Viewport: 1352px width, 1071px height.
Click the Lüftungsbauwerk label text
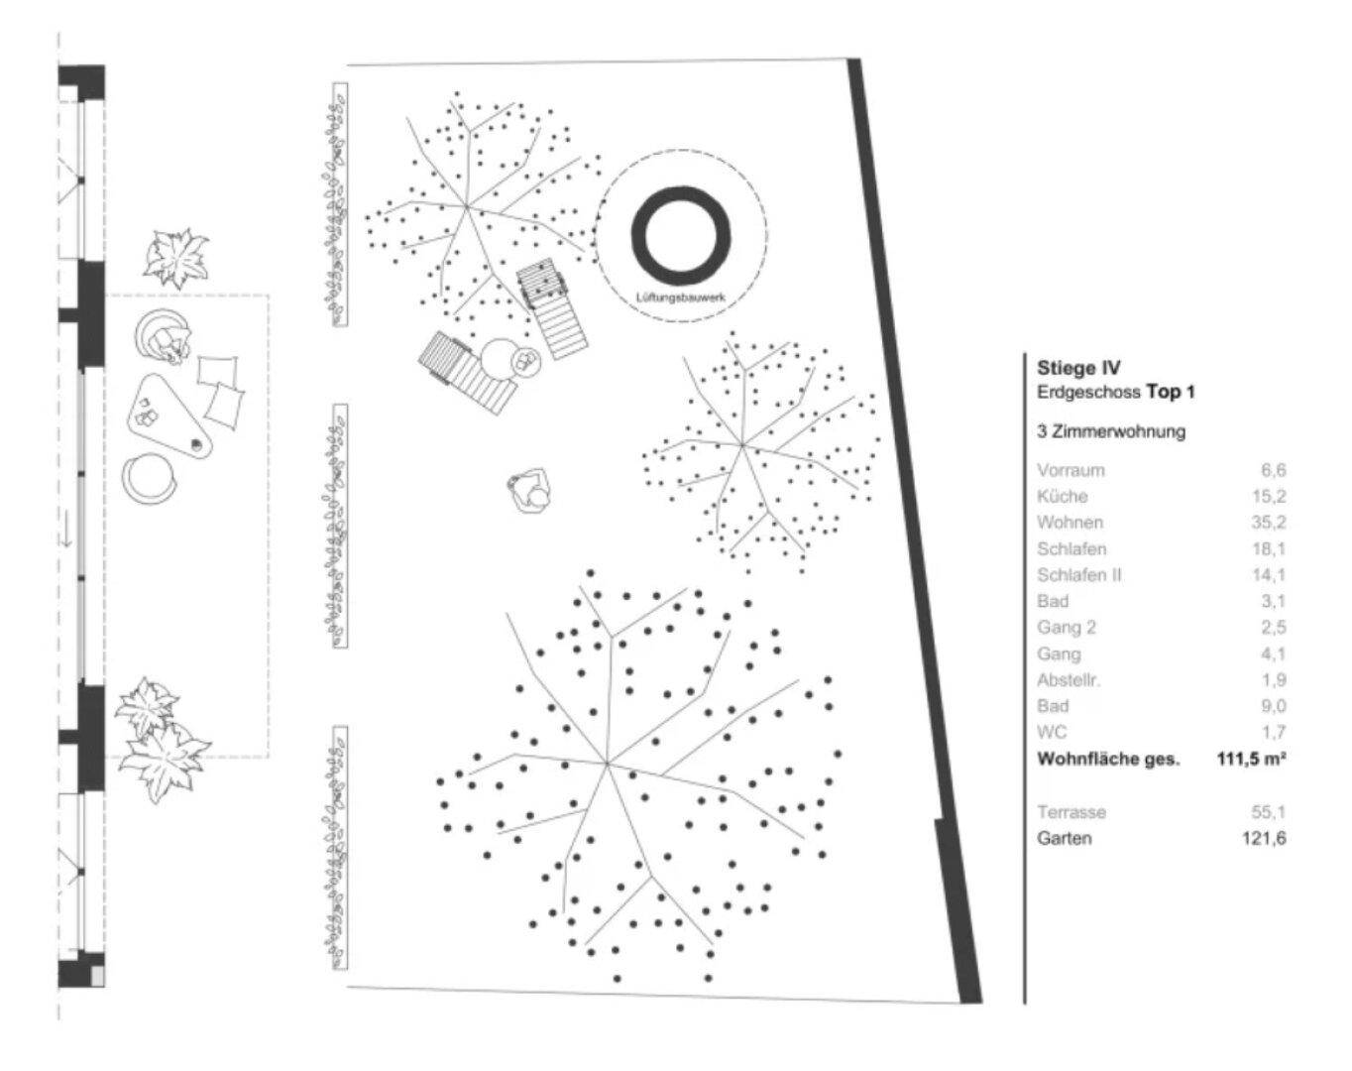681,297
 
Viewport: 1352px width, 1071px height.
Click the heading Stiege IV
1078,368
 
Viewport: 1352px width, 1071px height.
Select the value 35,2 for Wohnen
1269,523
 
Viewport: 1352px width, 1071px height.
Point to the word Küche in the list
1062,496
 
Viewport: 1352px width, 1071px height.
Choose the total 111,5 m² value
1252,759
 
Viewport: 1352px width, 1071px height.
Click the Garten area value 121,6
1264,838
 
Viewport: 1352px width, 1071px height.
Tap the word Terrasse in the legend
1071,811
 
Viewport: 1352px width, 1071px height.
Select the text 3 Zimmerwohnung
1111,431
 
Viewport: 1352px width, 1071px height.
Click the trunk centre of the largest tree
607,764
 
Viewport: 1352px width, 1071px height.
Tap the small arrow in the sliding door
67,535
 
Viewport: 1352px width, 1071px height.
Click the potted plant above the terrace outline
175,258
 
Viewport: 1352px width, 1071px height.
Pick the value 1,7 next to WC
1274,732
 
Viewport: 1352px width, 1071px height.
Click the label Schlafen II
1078,575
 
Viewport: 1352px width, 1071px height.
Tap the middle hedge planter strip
339,526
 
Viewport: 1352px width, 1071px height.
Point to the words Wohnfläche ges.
1108,759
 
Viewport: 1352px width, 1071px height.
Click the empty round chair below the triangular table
149,478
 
